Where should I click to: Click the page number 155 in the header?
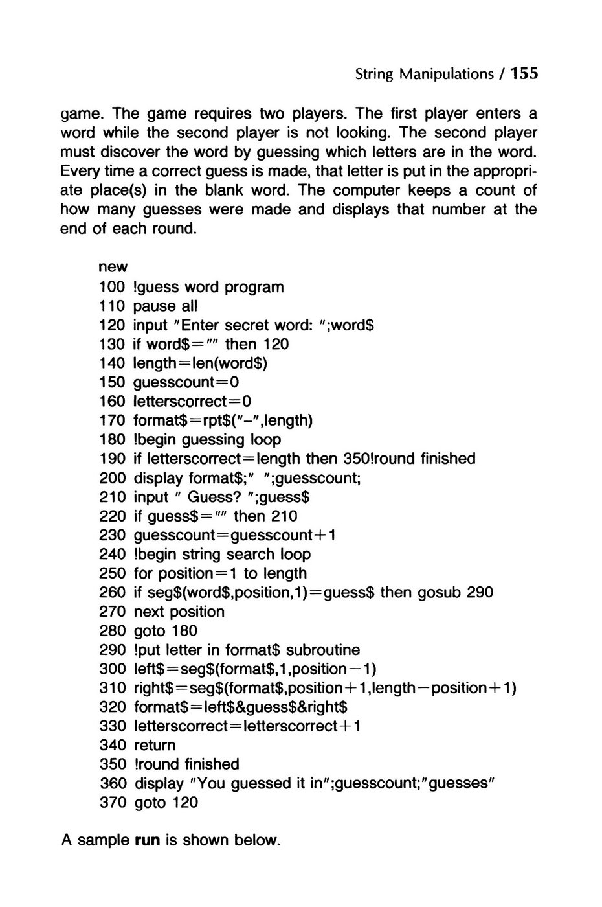[x=524, y=73]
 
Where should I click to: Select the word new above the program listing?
[x=113, y=267]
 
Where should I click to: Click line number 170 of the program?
[x=112, y=420]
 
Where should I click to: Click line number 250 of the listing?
[x=112, y=573]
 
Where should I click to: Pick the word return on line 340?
[x=155, y=745]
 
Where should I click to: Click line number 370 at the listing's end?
[x=112, y=803]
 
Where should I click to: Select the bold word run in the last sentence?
[x=146, y=841]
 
